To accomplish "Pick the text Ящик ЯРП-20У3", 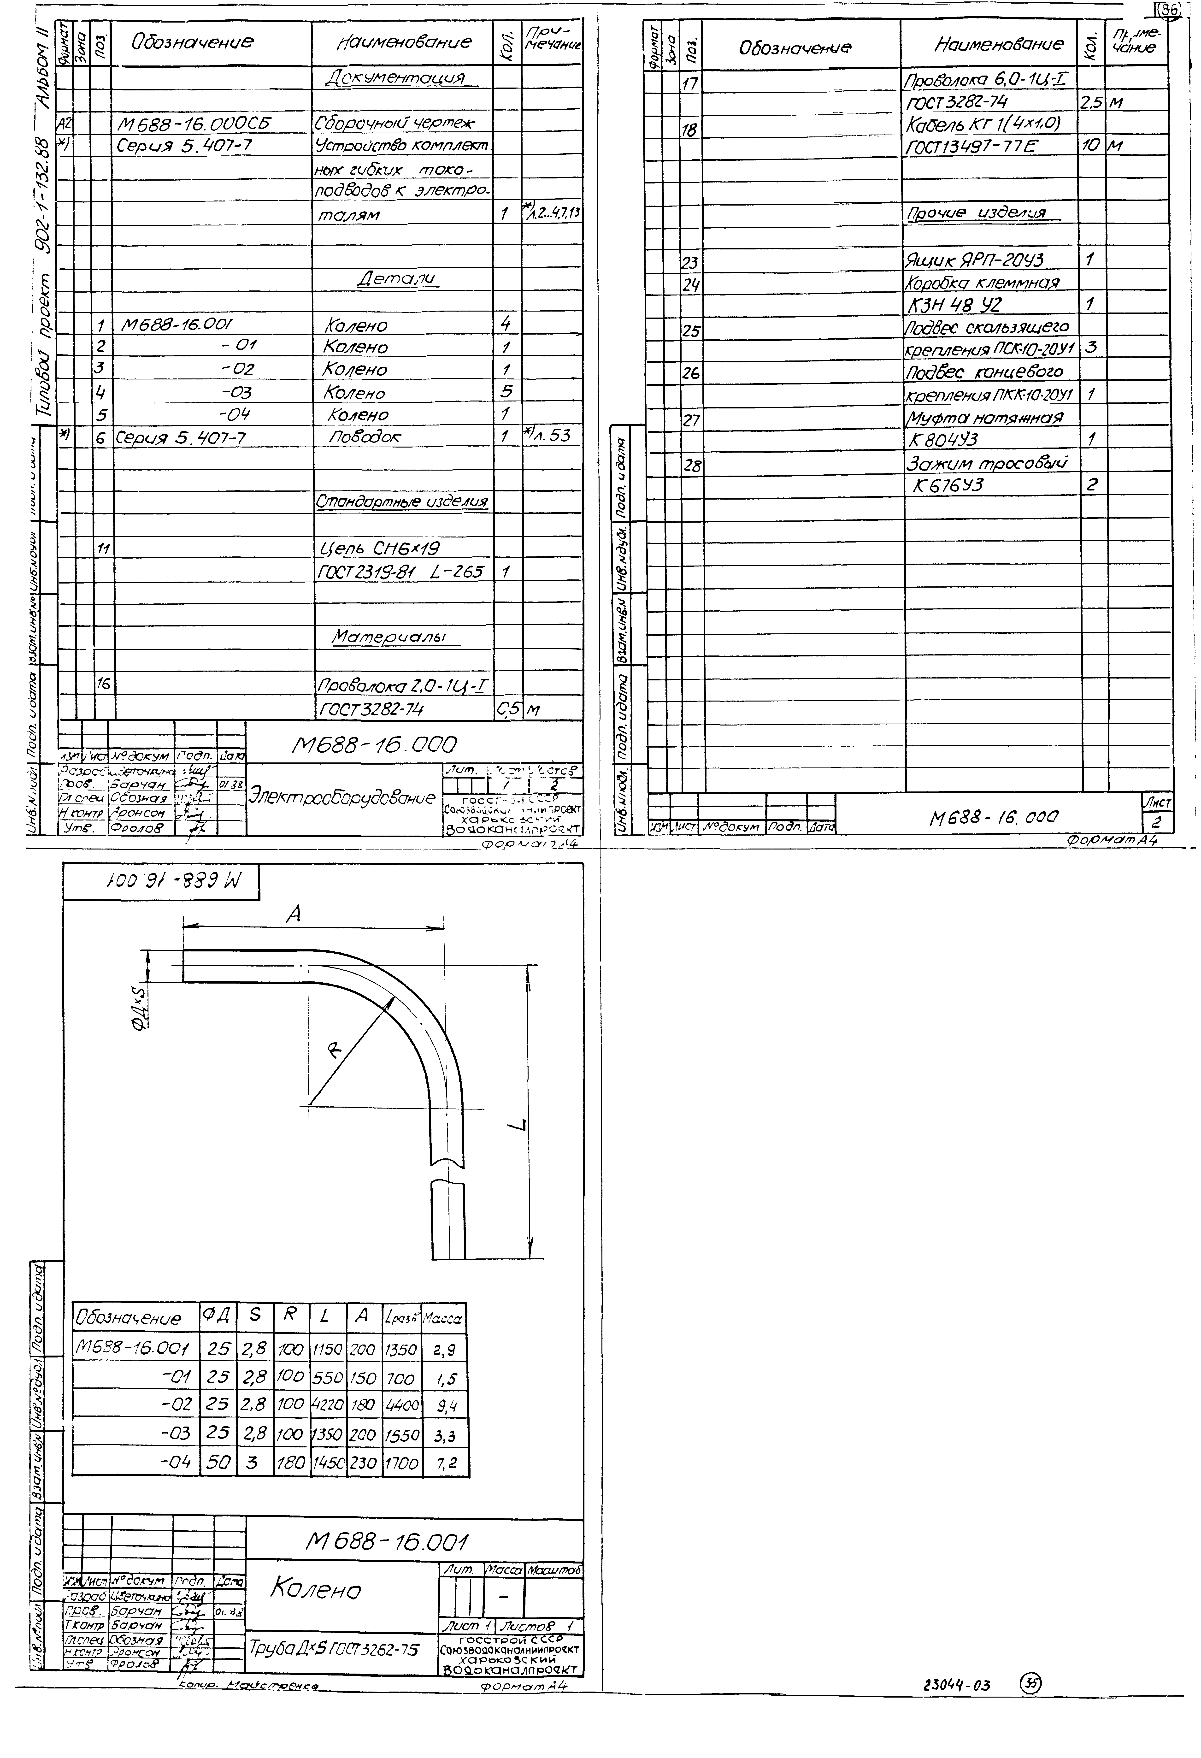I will [974, 260].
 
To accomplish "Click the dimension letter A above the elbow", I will [294, 914].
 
